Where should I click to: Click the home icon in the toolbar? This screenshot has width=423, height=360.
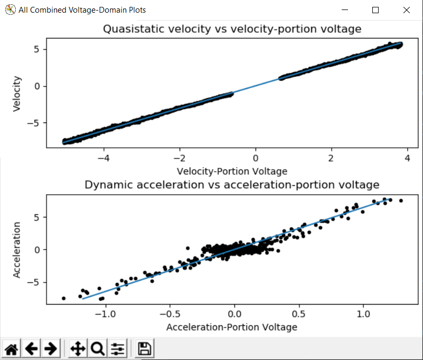(12, 348)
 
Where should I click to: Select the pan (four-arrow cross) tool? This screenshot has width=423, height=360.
(78, 348)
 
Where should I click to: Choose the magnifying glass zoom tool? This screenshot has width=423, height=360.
(97, 348)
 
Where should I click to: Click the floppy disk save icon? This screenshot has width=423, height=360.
(144, 348)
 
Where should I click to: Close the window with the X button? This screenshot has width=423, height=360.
(406, 10)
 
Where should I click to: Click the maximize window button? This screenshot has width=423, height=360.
(375, 10)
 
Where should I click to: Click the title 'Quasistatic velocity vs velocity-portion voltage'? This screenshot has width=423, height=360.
(232, 29)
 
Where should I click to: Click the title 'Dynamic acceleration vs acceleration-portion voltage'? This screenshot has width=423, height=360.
(232, 185)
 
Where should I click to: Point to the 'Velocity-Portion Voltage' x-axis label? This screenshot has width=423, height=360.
(232, 170)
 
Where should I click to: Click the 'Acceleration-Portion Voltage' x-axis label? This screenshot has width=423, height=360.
(232, 327)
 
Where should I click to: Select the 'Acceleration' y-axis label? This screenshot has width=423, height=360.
(17, 249)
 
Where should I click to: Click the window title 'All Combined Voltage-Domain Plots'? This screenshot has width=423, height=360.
(82, 10)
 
